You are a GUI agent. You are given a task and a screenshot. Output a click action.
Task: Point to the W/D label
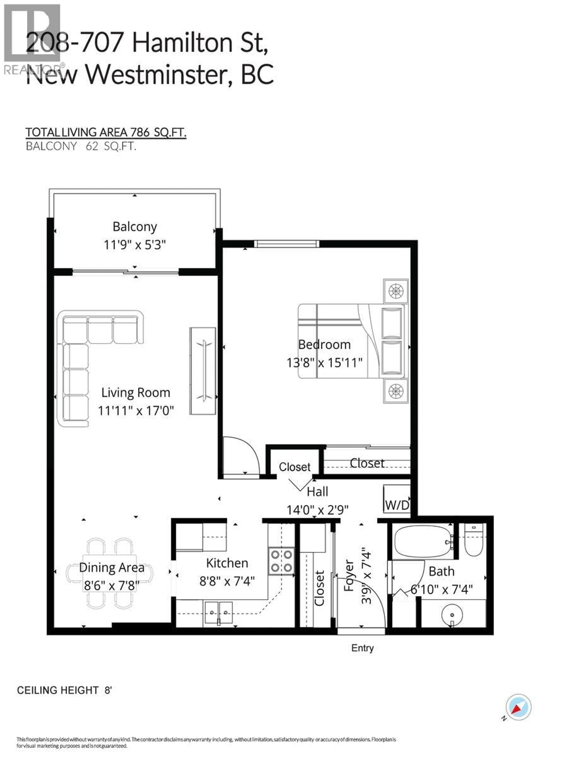pos(397,505)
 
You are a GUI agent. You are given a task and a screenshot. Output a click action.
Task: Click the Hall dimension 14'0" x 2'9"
pos(317,510)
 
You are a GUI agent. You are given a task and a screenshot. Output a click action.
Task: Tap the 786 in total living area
pos(139,132)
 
